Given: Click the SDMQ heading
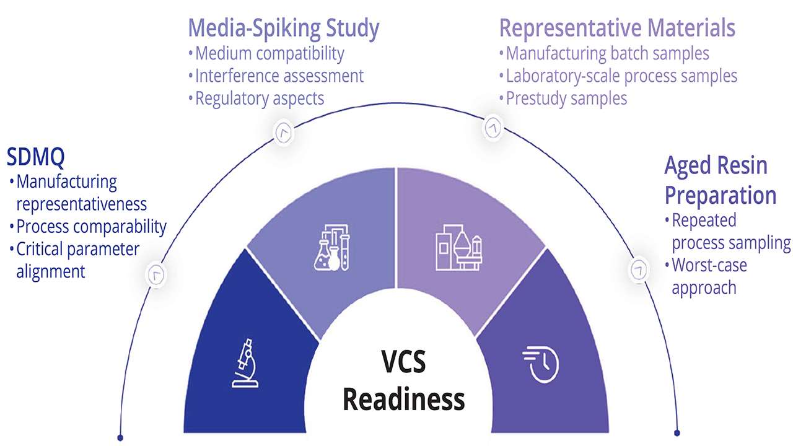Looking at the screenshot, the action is tap(36, 157).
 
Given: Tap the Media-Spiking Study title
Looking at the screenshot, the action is tap(284, 28).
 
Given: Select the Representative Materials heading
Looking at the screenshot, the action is tap(617, 28).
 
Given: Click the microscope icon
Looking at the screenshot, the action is tap(245, 363).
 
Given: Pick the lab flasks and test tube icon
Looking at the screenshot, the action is tap(331, 247).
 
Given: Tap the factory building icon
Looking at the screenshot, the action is tap(459, 247).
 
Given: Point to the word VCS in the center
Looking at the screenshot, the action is tap(403, 361).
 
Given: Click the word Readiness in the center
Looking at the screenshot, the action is tap(403, 400).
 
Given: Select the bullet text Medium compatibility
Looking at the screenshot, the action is tap(269, 54).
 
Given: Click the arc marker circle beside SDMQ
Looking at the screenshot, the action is tap(156, 274).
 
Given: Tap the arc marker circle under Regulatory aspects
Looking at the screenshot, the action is tap(284, 133).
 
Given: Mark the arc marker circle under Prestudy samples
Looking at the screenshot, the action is tap(493, 127).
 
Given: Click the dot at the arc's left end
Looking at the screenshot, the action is tap(120, 438).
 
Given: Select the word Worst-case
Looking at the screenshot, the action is tap(709, 265).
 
